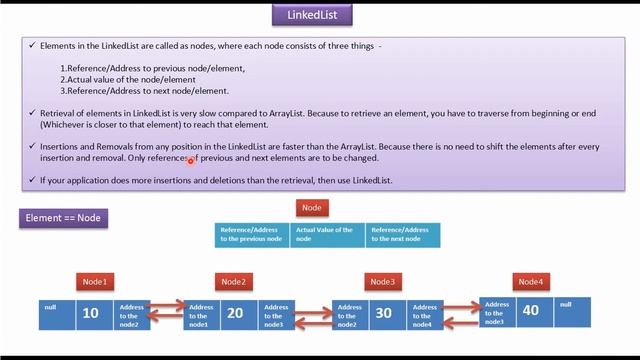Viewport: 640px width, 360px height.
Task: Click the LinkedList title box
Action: click(x=312, y=16)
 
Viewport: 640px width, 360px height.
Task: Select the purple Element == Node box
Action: click(x=65, y=217)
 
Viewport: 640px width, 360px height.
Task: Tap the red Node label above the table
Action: click(x=311, y=208)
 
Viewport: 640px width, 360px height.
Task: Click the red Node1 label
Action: click(x=97, y=281)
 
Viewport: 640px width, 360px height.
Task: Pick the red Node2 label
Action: click(x=234, y=281)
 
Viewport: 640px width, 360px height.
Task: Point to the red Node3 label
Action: click(x=383, y=281)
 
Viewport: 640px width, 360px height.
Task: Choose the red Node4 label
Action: click(x=531, y=281)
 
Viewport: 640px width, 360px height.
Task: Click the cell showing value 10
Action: click(x=91, y=314)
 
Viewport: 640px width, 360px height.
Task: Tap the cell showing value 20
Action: click(x=236, y=314)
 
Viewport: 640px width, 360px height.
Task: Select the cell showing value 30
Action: click(x=383, y=314)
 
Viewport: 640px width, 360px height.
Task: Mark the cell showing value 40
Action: click(x=530, y=310)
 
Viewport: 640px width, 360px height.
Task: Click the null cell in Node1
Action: click(x=57, y=314)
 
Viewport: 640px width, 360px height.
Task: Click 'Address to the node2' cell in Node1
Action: click(x=132, y=314)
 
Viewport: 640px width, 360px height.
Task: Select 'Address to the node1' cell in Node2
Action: click(x=201, y=314)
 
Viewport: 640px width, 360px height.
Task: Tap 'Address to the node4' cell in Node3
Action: click(x=421, y=314)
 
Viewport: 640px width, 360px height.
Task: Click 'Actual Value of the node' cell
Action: click(x=327, y=235)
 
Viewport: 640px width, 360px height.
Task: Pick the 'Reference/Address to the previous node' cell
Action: click(x=252, y=235)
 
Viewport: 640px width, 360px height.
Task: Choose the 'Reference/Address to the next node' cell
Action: click(x=402, y=235)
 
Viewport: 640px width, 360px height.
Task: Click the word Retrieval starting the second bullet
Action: click(x=60, y=114)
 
